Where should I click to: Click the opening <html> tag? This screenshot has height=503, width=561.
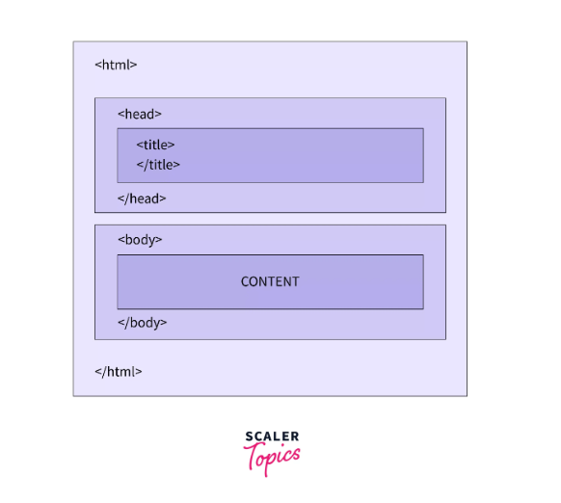pos(116,65)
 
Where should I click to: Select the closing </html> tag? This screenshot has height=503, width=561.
pos(118,372)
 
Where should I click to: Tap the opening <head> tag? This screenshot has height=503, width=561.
pos(140,114)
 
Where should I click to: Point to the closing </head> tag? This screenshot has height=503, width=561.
pos(142,199)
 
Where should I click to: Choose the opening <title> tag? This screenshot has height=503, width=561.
pos(155,145)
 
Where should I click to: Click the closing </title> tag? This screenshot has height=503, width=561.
pos(158,165)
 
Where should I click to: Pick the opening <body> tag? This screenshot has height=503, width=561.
pos(140,240)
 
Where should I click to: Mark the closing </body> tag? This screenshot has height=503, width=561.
pos(143,323)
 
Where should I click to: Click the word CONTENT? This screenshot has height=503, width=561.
pos(270,282)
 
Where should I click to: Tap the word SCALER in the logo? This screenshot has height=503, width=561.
pos(272,437)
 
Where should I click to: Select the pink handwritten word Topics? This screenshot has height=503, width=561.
pos(272,458)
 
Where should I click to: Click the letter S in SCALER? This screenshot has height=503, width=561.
pos(250,437)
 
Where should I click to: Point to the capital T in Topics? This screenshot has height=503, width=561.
pos(255,456)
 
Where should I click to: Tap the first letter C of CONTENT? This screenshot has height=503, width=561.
pos(245,282)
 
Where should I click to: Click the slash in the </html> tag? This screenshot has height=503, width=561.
pos(104,372)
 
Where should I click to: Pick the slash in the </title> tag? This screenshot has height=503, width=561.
pos(146,165)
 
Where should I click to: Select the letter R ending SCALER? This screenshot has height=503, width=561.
pos(295,437)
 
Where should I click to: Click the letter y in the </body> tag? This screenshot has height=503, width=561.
pos(156,325)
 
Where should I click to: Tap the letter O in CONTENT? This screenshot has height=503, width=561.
pos(255,282)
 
